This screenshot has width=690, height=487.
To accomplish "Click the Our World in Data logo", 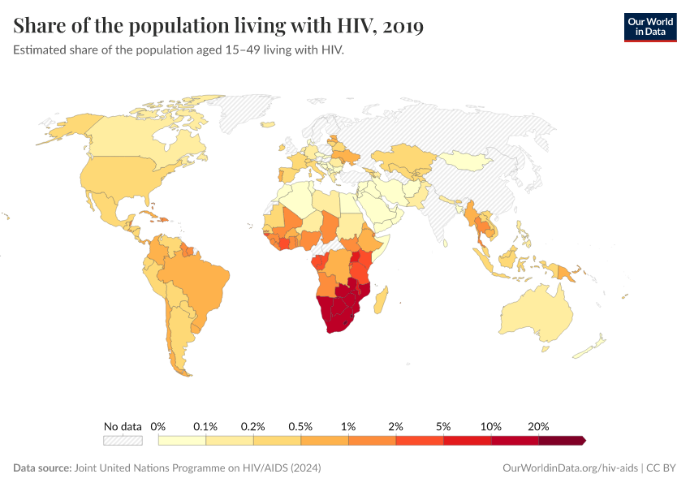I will (x=649, y=26).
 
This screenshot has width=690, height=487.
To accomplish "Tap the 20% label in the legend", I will (x=538, y=426).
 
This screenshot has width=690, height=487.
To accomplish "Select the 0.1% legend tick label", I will (x=205, y=426).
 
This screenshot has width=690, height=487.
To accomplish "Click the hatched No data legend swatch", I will (x=123, y=440).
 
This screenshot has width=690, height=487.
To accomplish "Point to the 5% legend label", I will (x=443, y=426).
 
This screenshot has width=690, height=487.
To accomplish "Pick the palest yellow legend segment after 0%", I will (x=182, y=440).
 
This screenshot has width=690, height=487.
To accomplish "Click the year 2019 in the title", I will (x=401, y=26).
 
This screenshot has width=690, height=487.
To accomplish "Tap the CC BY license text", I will (x=662, y=468).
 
